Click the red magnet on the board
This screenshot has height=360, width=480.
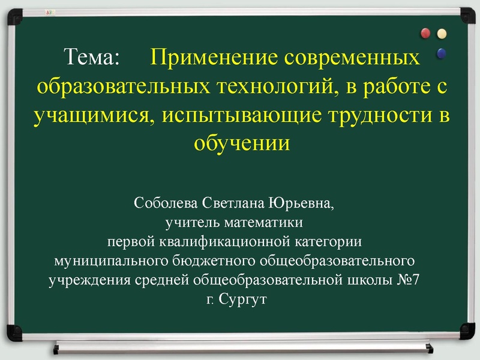(427, 32)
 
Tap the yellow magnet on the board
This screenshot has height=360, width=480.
(442, 33)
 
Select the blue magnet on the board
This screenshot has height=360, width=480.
(442, 53)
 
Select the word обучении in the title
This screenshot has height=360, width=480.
(240, 143)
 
